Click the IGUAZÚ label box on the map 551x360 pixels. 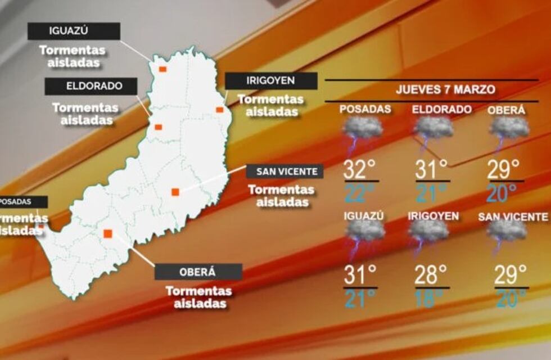pyautogui.click(x=74, y=31)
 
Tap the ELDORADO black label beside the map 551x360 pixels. pyautogui.click(x=92, y=87)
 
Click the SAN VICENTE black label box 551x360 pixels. pyautogui.click(x=284, y=172)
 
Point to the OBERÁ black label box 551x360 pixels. pyautogui.click(x=198, y=272)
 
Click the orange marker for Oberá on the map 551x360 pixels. pyautogui.click(x=108, y=233)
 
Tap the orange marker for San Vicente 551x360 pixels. pyautogui.click(x=175, y=192)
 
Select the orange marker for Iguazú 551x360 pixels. pyautogui.click(x=162, y=69)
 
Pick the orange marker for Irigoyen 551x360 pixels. pyautogui.click(x=219, y=110)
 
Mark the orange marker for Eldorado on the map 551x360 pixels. pyautogui.click(x=159, y=127)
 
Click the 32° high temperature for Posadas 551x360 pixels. pyautogui.click(x=359, y=169)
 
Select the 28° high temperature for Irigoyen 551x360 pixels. pyautogui.click(x=431, y=276)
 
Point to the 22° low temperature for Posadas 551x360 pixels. pyautogui.click(x=359, y=193)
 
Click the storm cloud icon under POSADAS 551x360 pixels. pyautogui.click(x=362, y=130)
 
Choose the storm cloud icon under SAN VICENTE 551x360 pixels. pyautogui.click(x=507, y=231)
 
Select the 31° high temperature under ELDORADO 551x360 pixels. pyautogui.click(x=432, y=169)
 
